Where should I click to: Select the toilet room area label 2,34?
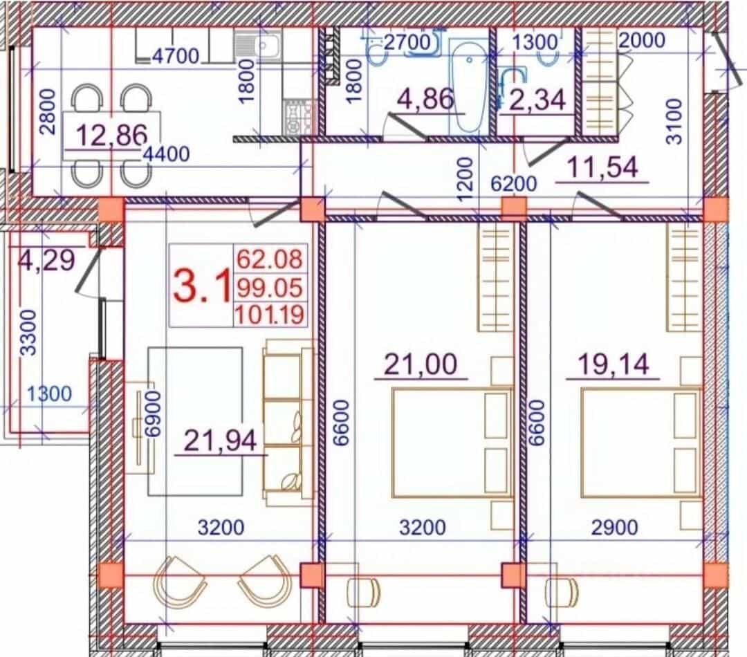(537, 100)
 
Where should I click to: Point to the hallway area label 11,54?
(602, 167)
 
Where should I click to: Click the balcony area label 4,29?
(46, 260)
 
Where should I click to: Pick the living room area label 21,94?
(220, 441)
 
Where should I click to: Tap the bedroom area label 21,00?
(421, 364)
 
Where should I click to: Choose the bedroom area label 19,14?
(614, 364)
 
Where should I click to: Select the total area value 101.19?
(270, 315)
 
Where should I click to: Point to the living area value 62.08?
(270, 259)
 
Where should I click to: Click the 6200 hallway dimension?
(513, 183)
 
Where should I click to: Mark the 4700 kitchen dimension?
(176, 56)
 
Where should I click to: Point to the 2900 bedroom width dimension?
(615, 528)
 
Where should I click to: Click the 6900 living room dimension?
(152, 414)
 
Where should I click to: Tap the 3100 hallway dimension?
(674, 121)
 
